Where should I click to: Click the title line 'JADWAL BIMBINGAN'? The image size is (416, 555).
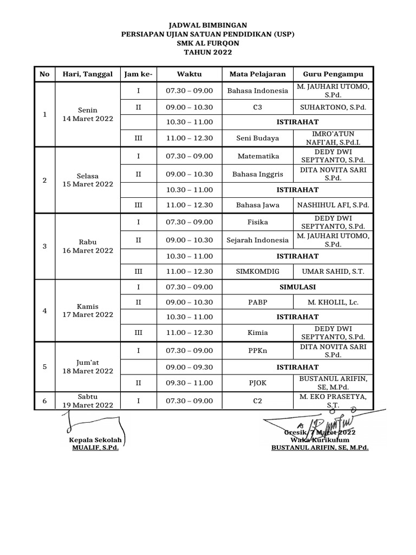pos(207,25)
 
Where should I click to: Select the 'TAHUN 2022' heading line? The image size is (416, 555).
pos(207,53)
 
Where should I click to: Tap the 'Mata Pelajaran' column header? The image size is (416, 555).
pos(257,74)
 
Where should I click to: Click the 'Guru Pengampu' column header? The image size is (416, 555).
pos(333,74)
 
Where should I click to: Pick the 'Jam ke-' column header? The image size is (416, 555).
pos(138,74)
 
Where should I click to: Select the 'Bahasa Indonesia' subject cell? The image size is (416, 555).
pos(257,91)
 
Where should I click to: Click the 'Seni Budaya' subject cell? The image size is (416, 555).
pos(257,138)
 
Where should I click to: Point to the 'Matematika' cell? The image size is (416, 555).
pos(257,156)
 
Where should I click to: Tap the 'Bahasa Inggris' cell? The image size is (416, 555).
pos(257,173)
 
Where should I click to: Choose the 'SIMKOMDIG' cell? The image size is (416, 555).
pos(257,270)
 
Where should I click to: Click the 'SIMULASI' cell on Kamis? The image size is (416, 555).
pos(297,287)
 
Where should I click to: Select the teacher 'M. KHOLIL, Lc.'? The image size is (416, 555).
pos(333,302)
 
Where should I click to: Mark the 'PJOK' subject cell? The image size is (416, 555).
pos(257,383)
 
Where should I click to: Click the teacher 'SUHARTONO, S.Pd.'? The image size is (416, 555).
pos(333,107)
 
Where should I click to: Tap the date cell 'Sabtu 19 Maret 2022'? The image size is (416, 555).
pos(88,401)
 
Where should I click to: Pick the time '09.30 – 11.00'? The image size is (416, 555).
pos(189,383)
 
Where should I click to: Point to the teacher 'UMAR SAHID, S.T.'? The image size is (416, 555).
pos(333,270)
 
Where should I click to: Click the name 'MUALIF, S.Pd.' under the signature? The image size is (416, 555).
pos(95,448)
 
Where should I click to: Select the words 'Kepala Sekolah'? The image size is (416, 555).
pos(95,440)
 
